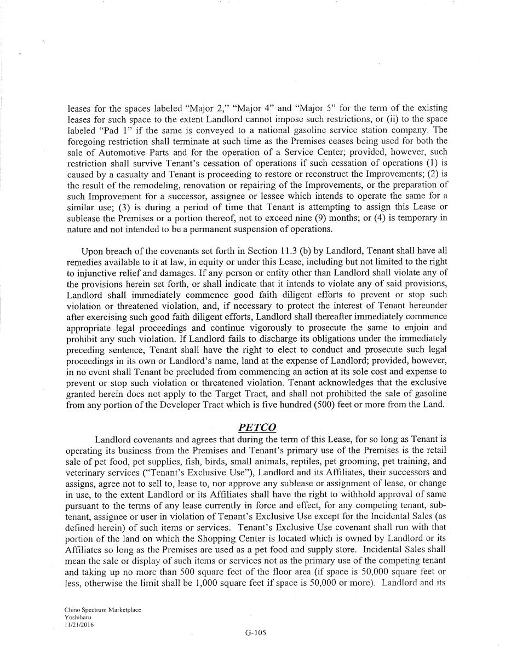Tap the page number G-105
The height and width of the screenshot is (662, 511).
coord(256,632)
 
